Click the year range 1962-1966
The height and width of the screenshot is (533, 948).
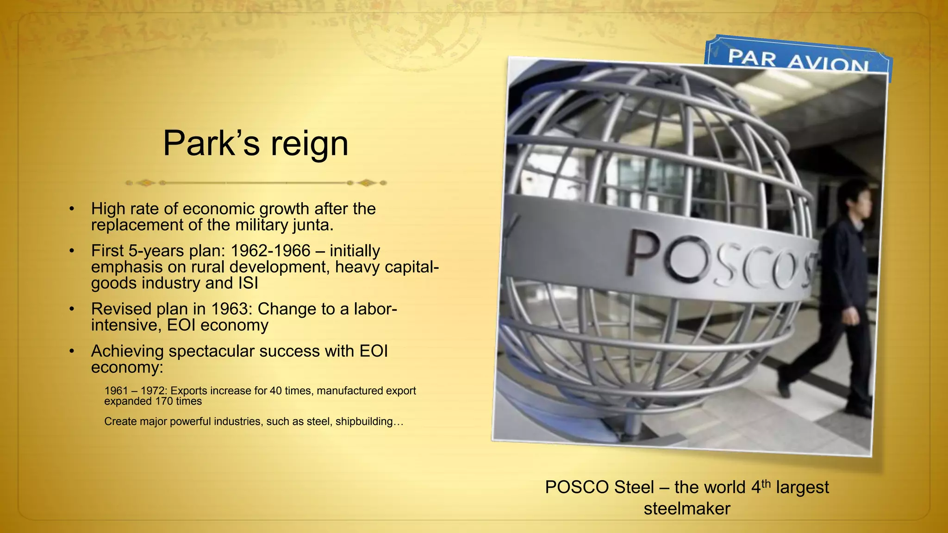click(270, 251)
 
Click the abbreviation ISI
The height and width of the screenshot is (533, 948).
click(248, 283)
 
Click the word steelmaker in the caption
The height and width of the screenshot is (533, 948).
click(686, 508)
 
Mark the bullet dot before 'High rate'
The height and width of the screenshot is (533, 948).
click(71, 209)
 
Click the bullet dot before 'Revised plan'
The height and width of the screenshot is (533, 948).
click(71, 309)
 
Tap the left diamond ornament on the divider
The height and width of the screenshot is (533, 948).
click(146, 183)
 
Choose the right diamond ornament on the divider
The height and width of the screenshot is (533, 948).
click(367, 183)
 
